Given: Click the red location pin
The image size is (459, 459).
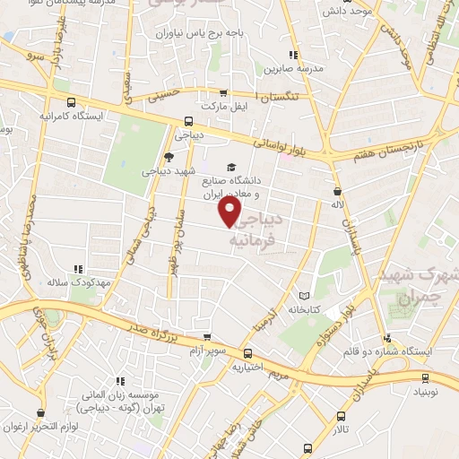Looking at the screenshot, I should point(230,212).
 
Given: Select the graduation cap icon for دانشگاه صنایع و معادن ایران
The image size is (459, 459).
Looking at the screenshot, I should point(232,167).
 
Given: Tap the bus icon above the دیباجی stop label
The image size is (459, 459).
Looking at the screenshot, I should point(188,122).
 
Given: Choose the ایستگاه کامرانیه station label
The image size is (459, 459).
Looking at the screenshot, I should point(72,117).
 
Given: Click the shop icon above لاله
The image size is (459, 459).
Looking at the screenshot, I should point(337,191).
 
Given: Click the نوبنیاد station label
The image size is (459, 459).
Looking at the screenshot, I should point(425,393).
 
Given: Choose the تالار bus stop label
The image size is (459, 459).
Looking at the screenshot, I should point(341,429).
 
